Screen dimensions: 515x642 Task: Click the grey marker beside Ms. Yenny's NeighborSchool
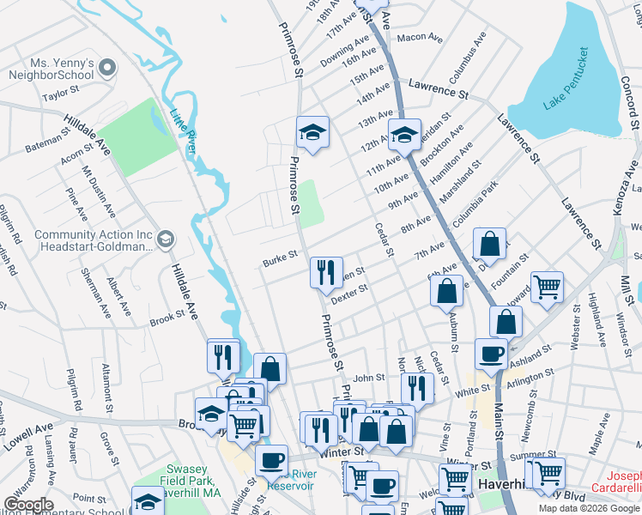pos(107,67)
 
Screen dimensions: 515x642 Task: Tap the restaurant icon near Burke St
pos(326,273)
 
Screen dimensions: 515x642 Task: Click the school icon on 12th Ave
pos(404,134)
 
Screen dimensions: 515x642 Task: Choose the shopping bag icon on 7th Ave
pos(489,244)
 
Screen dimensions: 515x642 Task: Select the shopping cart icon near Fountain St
pos(547,286)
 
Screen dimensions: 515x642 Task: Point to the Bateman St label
pos(47,142)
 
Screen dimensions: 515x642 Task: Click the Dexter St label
pos(349,293)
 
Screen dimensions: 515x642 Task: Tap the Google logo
pos(28,505)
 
